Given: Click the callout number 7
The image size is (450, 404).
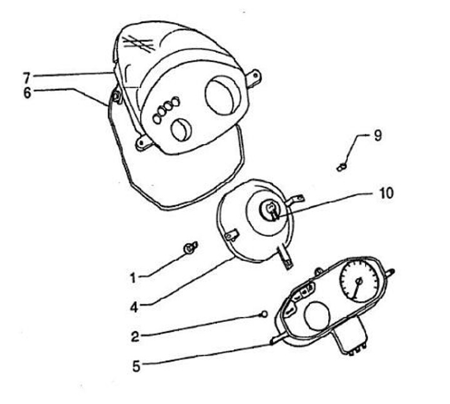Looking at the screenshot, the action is tap(26, 76).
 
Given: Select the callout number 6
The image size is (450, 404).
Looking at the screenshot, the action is tap(26, 91).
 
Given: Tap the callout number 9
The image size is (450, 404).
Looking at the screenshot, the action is tap(377, 136).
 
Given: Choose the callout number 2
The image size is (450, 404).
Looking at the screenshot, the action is tap(135, 336).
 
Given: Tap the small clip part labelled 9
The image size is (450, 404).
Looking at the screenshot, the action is tap(341, 167).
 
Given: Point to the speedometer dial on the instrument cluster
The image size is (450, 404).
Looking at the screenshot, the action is tap(357, 285).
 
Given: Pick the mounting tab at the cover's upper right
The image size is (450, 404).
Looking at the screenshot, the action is tap(252, 77).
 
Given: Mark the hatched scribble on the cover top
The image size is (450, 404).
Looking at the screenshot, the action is tap(139, 44).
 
